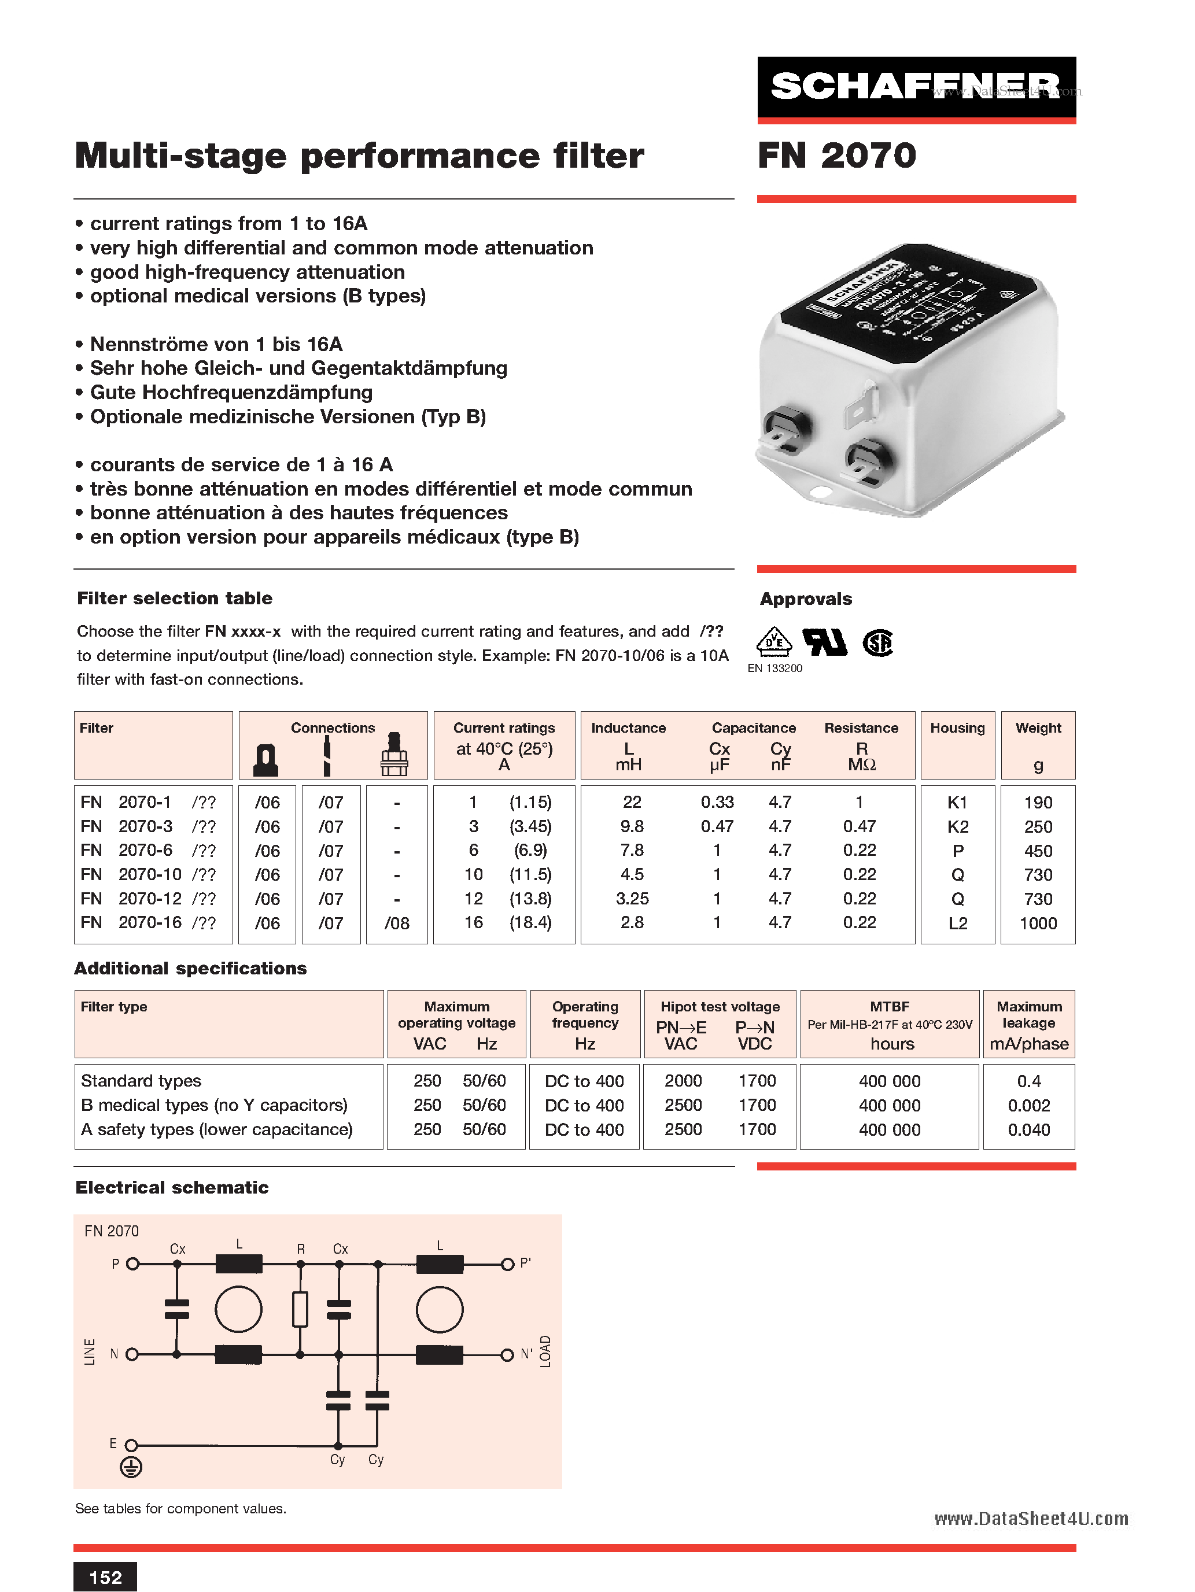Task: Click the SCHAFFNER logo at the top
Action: click(x=916, y=87)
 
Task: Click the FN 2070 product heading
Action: click(x=836, y=156)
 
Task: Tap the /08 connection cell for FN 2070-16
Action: click(x=397, y=924)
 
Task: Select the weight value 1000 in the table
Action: click(x=1037, y=924)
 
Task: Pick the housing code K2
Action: click(x=957, y=827)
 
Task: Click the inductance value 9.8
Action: click(x=631, y=826)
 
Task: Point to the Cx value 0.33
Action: click(x=717, y=801)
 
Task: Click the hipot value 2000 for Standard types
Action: click(x=683, y=1081)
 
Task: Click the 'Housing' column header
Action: click(x=957, y=727)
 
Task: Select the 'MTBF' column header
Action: click(x=890, y=1006)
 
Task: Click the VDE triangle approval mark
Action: click(x=774, y=642)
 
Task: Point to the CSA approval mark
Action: click(x=877, y=642)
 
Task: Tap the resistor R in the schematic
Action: click(x=300, y=1309)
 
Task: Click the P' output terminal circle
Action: click(x=507, y=1264)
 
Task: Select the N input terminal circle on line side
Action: click(x=132, y=1354)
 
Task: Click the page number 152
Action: click(x=105, y=1578)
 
